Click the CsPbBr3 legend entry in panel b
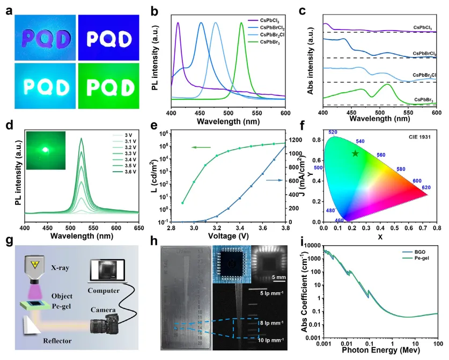(x=271, y=41)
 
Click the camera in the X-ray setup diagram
(x=107, y=325)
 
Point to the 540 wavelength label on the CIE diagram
(x=360, y=141)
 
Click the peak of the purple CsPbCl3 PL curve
(x=178, y=23)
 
